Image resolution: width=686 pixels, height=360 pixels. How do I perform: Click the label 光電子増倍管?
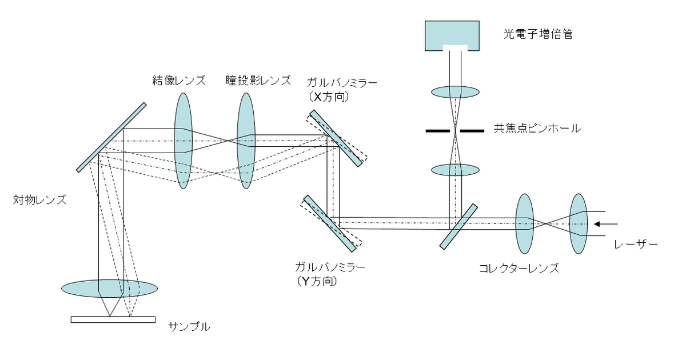coord(537,34)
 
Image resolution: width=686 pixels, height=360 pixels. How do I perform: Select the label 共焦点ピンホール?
coord(537,129)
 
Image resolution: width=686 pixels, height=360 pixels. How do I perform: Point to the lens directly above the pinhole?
coord(455,91)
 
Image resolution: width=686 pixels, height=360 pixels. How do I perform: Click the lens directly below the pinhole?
coord(455,170)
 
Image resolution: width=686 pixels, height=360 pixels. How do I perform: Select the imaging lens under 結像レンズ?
coord(183,141)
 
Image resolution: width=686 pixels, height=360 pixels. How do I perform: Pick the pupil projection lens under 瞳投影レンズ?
coord(246,141)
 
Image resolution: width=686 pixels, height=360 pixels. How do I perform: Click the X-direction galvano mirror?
coord(336,139)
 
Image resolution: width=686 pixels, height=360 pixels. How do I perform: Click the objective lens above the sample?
coord(109,289)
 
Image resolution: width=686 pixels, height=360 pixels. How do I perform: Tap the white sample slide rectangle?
coord(113,319)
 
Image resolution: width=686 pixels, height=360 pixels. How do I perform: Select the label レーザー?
coord(636,245)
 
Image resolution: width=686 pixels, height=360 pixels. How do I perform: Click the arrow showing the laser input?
coord(603,223)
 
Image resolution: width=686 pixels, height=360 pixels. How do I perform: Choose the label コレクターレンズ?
coord(519,267)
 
